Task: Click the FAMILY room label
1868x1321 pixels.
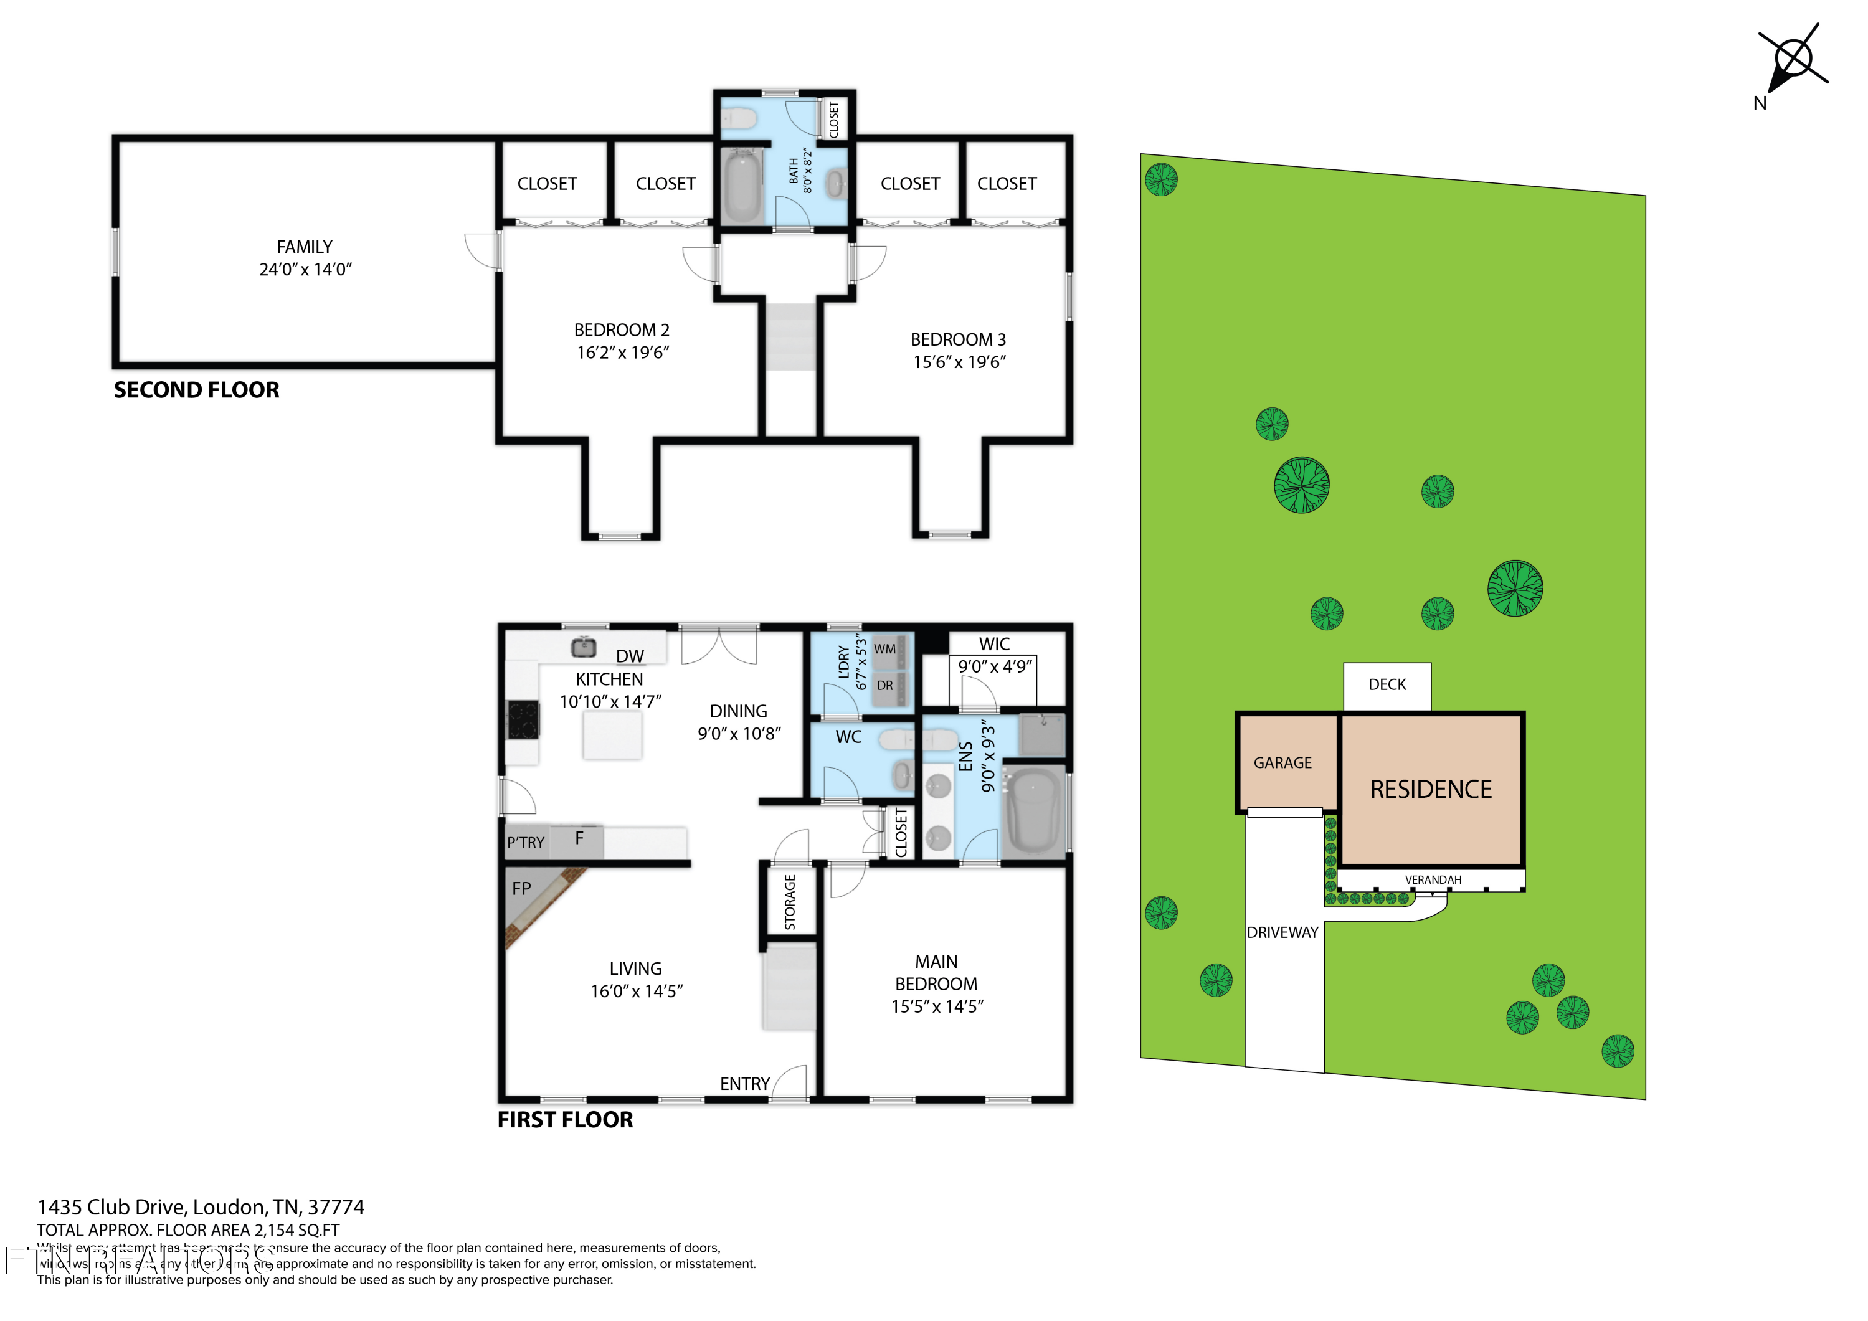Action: tap(305, 247)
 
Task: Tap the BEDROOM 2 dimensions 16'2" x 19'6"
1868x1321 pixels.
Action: tap(622, 353)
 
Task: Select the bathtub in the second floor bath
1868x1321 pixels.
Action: tap(741, 186)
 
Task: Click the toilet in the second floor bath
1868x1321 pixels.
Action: tap(741, 119)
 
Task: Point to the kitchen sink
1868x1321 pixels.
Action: tap(582, 648)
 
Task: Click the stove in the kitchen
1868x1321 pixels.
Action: tap(523, 720)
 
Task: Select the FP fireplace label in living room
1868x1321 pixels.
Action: tap(521, 889)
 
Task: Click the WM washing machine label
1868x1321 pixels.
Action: tap(884, 649)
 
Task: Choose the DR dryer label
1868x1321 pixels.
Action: tap(884, 686)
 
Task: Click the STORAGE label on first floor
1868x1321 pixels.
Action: tap(790, 902)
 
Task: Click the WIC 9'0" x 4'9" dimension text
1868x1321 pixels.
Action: tap(994, 667)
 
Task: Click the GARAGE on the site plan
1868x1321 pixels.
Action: tap(1283, 763)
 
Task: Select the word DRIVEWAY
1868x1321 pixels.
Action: tap(1282, 933)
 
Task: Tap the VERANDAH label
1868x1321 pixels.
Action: tap(1433, 880)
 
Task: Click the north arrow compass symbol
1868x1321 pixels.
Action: tap(1793, 59)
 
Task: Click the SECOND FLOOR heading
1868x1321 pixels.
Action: tap(196, 391)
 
